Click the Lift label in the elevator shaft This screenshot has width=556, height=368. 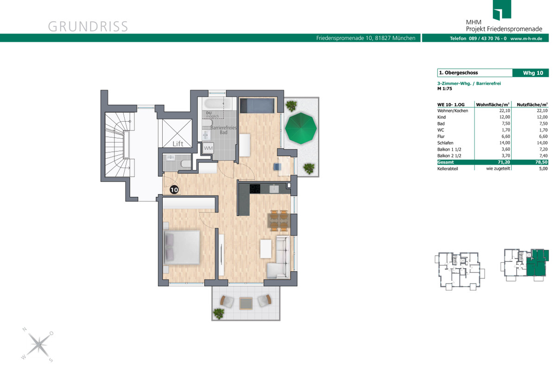coord(178,144)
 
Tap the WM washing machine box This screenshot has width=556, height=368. coord(208,148)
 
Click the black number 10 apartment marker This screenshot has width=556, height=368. coord(174,190)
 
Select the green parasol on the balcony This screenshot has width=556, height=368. coord(301,128)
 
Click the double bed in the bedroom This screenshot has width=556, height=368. coord(182,247)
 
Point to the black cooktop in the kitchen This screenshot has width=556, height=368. coord(255,189)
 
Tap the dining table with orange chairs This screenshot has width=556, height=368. coord(279,220)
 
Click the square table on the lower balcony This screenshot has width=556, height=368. coord(246,303)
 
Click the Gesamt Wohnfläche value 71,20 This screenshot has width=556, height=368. coord(504,162)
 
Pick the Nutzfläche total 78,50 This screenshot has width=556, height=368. coord(541,162)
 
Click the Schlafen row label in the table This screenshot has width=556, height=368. coord(445,143)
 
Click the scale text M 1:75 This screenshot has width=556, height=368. coord(444,89)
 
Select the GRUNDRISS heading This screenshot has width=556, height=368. coord(88,26)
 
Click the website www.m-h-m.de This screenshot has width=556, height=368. coord(526,39)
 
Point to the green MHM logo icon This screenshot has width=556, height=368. coord(502,10)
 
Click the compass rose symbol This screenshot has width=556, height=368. coord(38,345)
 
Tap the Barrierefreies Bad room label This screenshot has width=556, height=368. coord(223,130)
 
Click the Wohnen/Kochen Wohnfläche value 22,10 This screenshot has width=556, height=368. coord(505,110)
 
